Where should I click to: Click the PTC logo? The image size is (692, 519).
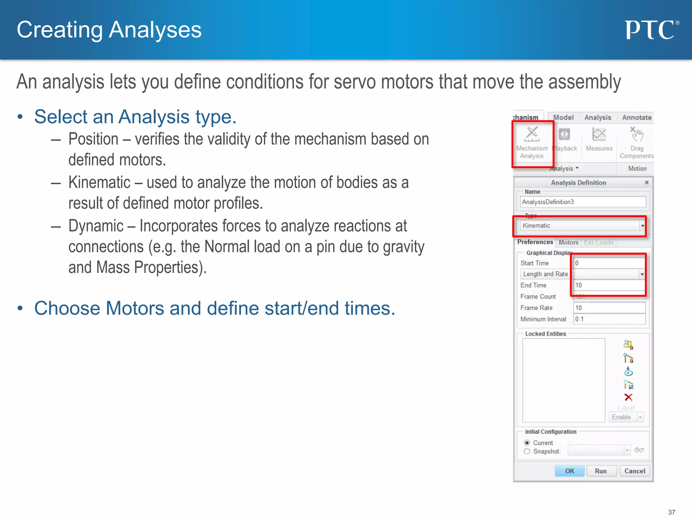point(650,30)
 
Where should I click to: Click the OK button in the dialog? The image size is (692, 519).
point(569,471)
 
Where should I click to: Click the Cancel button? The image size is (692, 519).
point(634,471)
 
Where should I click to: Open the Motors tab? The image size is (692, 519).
point(568,242)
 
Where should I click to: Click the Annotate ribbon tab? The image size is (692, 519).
point(637,118)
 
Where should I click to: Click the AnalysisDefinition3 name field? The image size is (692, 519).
point(583,202)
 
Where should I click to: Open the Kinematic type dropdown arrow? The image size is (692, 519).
point(642,226)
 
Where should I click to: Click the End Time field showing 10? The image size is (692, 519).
point(609,285)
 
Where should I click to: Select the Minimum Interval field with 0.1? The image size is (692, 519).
point(609,319)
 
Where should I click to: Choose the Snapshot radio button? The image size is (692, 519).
point(527,451)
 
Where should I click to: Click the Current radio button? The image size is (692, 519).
point(527,443)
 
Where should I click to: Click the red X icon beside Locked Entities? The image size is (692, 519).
point(628,397)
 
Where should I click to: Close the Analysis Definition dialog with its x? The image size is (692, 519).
point(646,182)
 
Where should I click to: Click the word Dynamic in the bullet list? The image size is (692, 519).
point(96,226)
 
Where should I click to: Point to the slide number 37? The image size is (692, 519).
point(671,512)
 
